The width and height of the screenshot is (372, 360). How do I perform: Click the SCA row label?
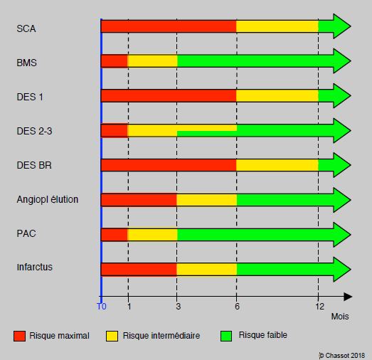pyautogui.click(x=26, y=28)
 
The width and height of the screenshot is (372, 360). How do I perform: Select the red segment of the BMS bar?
pyautogui.click(x=115, y=61)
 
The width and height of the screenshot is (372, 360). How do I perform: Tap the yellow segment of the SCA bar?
pyautogui.click(x=277, y=26)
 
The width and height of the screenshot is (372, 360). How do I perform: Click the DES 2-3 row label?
pyautogui.click(x=34, y=131)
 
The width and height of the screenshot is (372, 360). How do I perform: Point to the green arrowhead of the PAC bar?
pyautogui.click(x=341, y=234)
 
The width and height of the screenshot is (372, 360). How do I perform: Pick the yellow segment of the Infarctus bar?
pyautogui.click(x=206, y=270)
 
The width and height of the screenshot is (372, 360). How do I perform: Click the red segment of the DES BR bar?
pyautogui.click(x=169, y=165)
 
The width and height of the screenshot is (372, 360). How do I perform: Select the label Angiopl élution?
pyautogui.click(x=48, y=199)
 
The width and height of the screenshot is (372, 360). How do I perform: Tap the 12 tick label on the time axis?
pyautogui.click(x=319, y=307)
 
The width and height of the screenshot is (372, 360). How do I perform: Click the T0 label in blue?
pyautogui.click(x=102, y=307)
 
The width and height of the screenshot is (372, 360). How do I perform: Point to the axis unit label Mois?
pyautogui.click(x=340, y=317)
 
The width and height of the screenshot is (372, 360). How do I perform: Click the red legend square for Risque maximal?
pyautogui.click(x=19, y=336)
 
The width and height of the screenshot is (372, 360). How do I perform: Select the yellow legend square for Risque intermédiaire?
pyautogui.click(x=112, y=336)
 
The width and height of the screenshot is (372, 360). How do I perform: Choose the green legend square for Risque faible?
pyautogui.click(x=226, y=336)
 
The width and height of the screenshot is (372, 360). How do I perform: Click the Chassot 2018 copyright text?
pyautogui.click(x=341, y=356)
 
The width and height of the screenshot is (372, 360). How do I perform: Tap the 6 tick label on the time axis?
pyautogui.click(x=238, y=307)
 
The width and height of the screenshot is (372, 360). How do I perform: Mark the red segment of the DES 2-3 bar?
pyautogui.click(x=115, y=131)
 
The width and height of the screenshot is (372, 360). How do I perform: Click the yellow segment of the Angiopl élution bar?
pyautogui.click(x=206, y=200)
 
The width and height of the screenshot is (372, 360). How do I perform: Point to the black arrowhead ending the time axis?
pyautogui.click(x=348, y=297)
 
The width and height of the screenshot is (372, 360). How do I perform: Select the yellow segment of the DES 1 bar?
pyautogui.click(x=277, y=96)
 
